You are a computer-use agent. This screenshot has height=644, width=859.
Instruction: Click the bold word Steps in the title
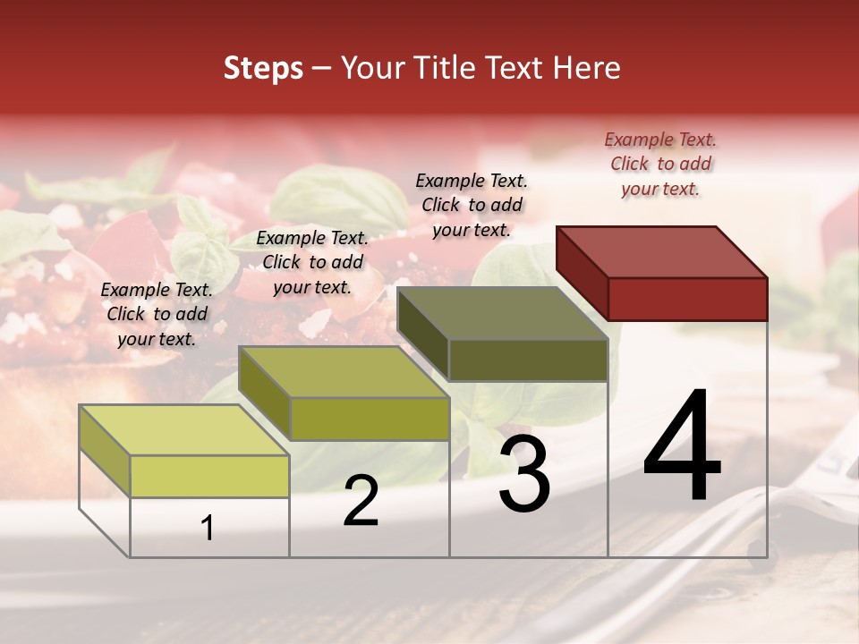click(x=263, y=69)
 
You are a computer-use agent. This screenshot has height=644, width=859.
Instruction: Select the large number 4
click(x=682, y=447)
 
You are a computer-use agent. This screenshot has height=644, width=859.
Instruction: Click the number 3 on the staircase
click(x=524, y=475)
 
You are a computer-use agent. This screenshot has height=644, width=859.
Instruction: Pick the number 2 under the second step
click(x=361, y=501)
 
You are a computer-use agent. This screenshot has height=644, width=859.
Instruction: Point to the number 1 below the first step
click(x=208, y=529)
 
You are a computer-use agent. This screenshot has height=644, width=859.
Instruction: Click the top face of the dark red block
click(x=661, y=251)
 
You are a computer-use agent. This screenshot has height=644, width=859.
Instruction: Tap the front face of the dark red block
click(x=687, y=299)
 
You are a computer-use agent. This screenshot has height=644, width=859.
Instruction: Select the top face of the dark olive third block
click(x=502, y=313)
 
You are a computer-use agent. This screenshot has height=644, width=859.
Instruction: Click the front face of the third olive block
click(x=528, y=360)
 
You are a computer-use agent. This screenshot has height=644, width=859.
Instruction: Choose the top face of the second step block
click(x=344, y=371)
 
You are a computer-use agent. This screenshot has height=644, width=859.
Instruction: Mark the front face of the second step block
click(x=370, y=419)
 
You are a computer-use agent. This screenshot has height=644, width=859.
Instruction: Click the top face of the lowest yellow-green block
click(x=184, y=429)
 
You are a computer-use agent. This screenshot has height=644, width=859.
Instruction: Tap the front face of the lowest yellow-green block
click(x=209, y=476)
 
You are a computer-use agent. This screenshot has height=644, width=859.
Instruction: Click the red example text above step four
click(x=660, y=164)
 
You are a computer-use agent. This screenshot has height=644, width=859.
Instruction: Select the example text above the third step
click(x=472, y=205)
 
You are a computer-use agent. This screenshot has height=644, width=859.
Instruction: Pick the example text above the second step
click(x=312, y=262)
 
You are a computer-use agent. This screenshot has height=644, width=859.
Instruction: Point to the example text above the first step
click(x=157, y=314)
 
